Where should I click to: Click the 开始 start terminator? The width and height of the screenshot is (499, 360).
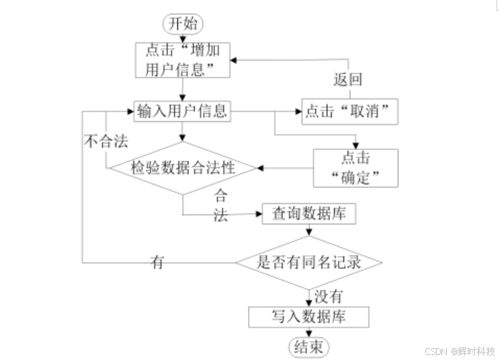coord(182,24)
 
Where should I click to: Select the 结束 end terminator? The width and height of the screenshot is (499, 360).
coord(307,347)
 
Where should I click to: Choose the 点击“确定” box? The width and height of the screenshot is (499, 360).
coord(355,167)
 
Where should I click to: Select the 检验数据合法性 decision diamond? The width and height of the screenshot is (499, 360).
coord(182,167)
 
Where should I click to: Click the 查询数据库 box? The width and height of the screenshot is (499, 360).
coord(309,214)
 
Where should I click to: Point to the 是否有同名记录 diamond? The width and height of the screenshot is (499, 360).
coord(309,262)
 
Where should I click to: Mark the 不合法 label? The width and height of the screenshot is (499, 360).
coord(105,141)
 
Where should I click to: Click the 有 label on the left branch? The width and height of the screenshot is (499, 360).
coord(157,262)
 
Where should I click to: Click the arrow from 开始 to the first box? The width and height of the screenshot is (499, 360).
coord(182,37)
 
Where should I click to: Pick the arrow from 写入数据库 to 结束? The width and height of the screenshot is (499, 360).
coord(308,332)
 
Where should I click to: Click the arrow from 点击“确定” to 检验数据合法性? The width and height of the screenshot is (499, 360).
coord(284,167)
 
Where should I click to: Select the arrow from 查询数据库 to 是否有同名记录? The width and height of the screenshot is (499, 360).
coord(308,231)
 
